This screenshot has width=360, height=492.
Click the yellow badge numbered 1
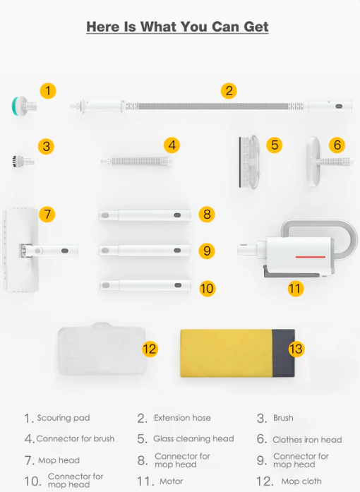coord(48,91)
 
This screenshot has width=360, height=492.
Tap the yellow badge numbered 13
coord(296,349)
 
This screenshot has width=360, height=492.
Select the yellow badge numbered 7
coord(47,215)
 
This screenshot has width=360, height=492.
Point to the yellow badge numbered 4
coord(172,145)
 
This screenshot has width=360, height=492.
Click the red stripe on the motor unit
coord(311,257)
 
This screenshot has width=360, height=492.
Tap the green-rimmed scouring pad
coord(24,107)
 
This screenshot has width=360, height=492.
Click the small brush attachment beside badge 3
coord(23,161)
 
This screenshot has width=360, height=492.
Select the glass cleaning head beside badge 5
coord(249,162)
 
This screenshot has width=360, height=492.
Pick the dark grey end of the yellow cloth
coord(283,353)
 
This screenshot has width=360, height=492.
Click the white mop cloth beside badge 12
coord(102,348)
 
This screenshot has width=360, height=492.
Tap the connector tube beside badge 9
coord(145,251)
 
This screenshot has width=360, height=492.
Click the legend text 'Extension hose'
coord(182,418)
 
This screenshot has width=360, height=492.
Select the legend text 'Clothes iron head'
coord(307,440)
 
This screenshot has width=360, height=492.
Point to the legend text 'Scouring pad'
coord(64,418)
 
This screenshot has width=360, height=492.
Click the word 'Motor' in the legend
coord(171,481)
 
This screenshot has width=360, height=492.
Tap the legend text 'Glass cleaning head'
coord(193,438)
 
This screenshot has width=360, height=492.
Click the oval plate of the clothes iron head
coord(313,162)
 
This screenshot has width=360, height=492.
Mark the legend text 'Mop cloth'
coord(301,481)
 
